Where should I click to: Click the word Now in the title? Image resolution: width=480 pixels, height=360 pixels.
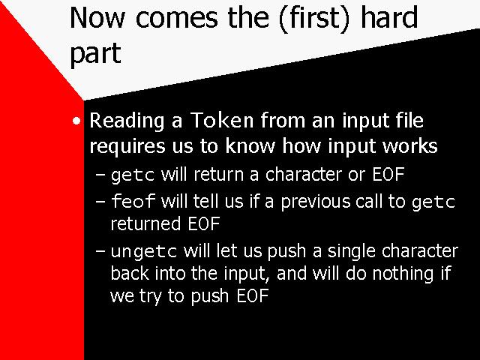coord(97,18)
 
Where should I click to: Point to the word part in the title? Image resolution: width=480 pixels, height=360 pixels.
coord(95,53)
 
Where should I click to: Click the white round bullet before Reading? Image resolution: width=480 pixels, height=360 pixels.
coord(76,121)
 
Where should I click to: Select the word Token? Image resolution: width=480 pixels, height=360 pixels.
coord(222,120)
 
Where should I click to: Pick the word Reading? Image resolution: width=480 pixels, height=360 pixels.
coord(127,121)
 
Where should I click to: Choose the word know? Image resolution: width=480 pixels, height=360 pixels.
coord(250,145)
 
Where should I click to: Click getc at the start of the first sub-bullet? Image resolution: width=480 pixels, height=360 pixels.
coord(133,175)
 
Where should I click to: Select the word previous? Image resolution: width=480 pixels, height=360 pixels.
coord(316,202)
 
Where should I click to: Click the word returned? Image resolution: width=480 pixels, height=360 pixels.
coord(145,223)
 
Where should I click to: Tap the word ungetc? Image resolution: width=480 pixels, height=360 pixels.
coord(144,252)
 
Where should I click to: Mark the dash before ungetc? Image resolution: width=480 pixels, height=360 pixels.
coord(100,251)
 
